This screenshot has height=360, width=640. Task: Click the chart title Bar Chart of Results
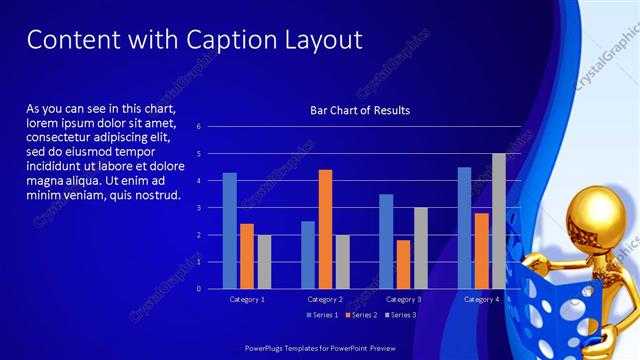(360, 110)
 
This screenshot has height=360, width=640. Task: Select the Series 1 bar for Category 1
(230, 230)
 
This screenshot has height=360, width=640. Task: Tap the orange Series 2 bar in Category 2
(325, 229)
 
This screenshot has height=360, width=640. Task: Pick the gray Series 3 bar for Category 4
(498, 221)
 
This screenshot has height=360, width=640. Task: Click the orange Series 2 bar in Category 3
(403, 264)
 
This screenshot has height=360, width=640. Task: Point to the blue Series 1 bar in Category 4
(464, 228)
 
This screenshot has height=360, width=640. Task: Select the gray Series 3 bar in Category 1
(264, 261)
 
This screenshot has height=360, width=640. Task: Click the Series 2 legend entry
(362, 315)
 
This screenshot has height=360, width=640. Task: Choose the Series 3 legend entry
(401, 315)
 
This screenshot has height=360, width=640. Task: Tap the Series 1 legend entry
(323, 315)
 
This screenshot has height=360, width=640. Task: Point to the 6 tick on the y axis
(200, 127)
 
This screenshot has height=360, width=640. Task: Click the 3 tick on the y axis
(200, 208)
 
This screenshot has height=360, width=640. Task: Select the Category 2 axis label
(325, 299)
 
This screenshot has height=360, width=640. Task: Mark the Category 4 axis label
(481, 299)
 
